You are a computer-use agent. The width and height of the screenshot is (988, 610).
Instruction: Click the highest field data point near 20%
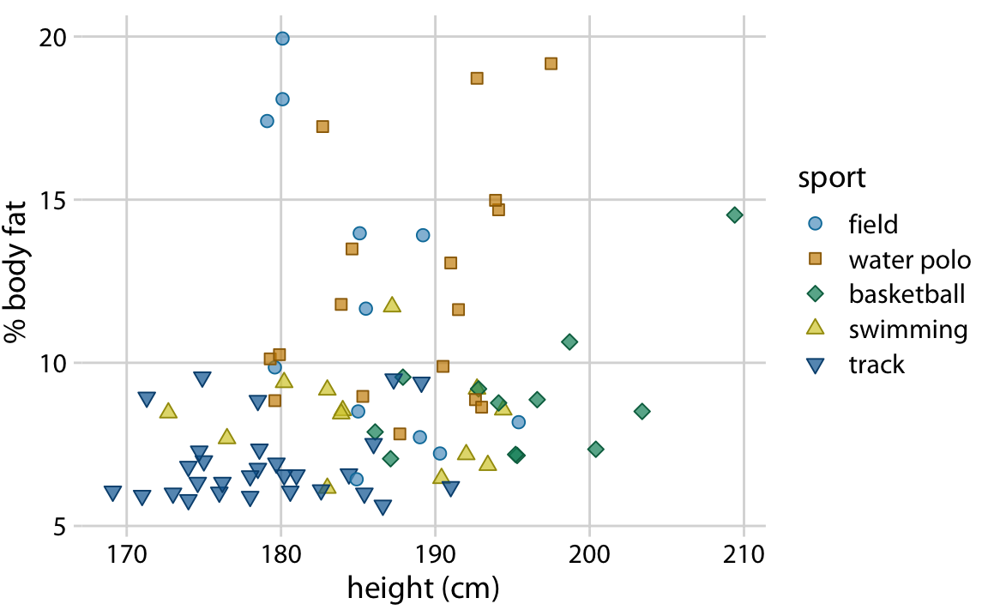point(282,39)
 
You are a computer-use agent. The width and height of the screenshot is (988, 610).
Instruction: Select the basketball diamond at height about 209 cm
point(734,214)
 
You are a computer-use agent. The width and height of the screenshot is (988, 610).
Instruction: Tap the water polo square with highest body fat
point(551,63)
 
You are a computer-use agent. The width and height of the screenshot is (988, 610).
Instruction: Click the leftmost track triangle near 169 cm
point(112,492)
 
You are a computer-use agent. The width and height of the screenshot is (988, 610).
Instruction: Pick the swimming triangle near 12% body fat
point(392,305)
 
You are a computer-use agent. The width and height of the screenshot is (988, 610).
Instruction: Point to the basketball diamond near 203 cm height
point(642,412)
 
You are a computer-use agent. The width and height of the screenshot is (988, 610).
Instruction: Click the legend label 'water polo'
point(909,260)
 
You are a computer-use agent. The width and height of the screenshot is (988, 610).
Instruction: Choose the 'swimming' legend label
point(908,330)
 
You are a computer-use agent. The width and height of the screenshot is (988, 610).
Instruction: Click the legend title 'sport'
point(831,178)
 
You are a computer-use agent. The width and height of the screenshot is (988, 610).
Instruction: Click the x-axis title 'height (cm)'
point(423,589)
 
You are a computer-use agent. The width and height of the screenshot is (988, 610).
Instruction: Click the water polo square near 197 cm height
point(551,63)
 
